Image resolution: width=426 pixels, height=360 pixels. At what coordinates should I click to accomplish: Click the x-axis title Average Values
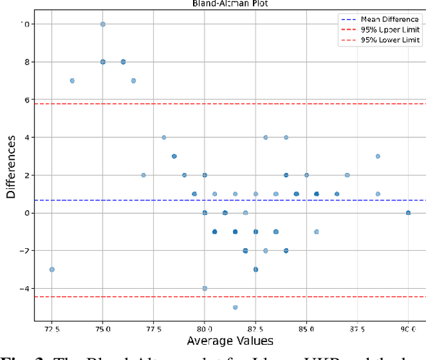230,341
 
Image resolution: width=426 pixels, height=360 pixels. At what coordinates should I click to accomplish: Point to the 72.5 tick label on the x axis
52,328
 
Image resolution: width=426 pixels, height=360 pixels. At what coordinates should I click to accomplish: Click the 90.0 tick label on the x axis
408,328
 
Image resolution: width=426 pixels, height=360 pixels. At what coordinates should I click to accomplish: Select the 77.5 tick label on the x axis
154,328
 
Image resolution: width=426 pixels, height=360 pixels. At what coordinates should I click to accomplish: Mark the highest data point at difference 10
103,24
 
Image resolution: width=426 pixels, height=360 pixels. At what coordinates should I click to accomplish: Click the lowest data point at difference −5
235,307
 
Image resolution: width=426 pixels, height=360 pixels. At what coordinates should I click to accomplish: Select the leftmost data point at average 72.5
52,270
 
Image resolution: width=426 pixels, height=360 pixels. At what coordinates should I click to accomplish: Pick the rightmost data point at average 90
408,213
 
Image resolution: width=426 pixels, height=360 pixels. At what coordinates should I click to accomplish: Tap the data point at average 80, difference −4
204,288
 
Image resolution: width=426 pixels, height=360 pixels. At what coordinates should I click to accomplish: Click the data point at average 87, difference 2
347,175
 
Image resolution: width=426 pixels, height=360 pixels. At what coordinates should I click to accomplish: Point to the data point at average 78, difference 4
164,138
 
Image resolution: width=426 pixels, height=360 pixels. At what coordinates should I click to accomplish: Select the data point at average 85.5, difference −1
316,232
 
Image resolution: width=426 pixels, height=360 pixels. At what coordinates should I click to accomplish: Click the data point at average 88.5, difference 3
377,156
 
